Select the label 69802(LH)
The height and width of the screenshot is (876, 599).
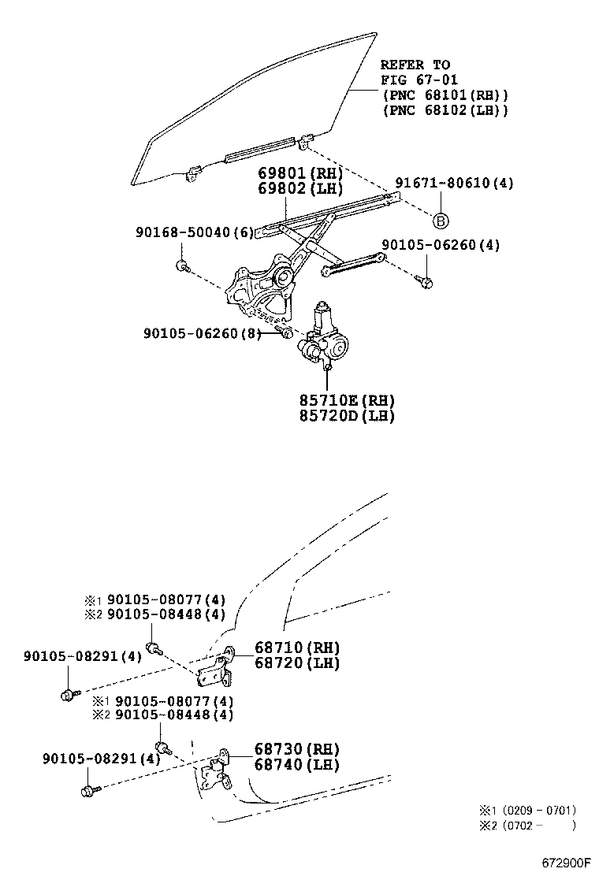(299, 189)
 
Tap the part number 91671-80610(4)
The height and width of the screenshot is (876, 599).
(454, 183)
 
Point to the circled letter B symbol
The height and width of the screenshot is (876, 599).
(441, 220)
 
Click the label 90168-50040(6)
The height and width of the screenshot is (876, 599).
(194, 232)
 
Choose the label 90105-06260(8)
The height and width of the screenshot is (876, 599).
(202, 334)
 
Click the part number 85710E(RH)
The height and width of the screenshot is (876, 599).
(347, 400)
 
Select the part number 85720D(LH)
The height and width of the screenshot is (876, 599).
(347, 416)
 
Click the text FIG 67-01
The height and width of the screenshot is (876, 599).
(419, 80)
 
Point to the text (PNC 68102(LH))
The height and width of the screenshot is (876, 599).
(445, 110)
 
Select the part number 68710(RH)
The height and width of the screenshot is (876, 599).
(296, 648)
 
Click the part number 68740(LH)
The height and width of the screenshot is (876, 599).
(296, 764)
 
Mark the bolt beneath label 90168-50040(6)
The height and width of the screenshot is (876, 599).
(182, 265)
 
